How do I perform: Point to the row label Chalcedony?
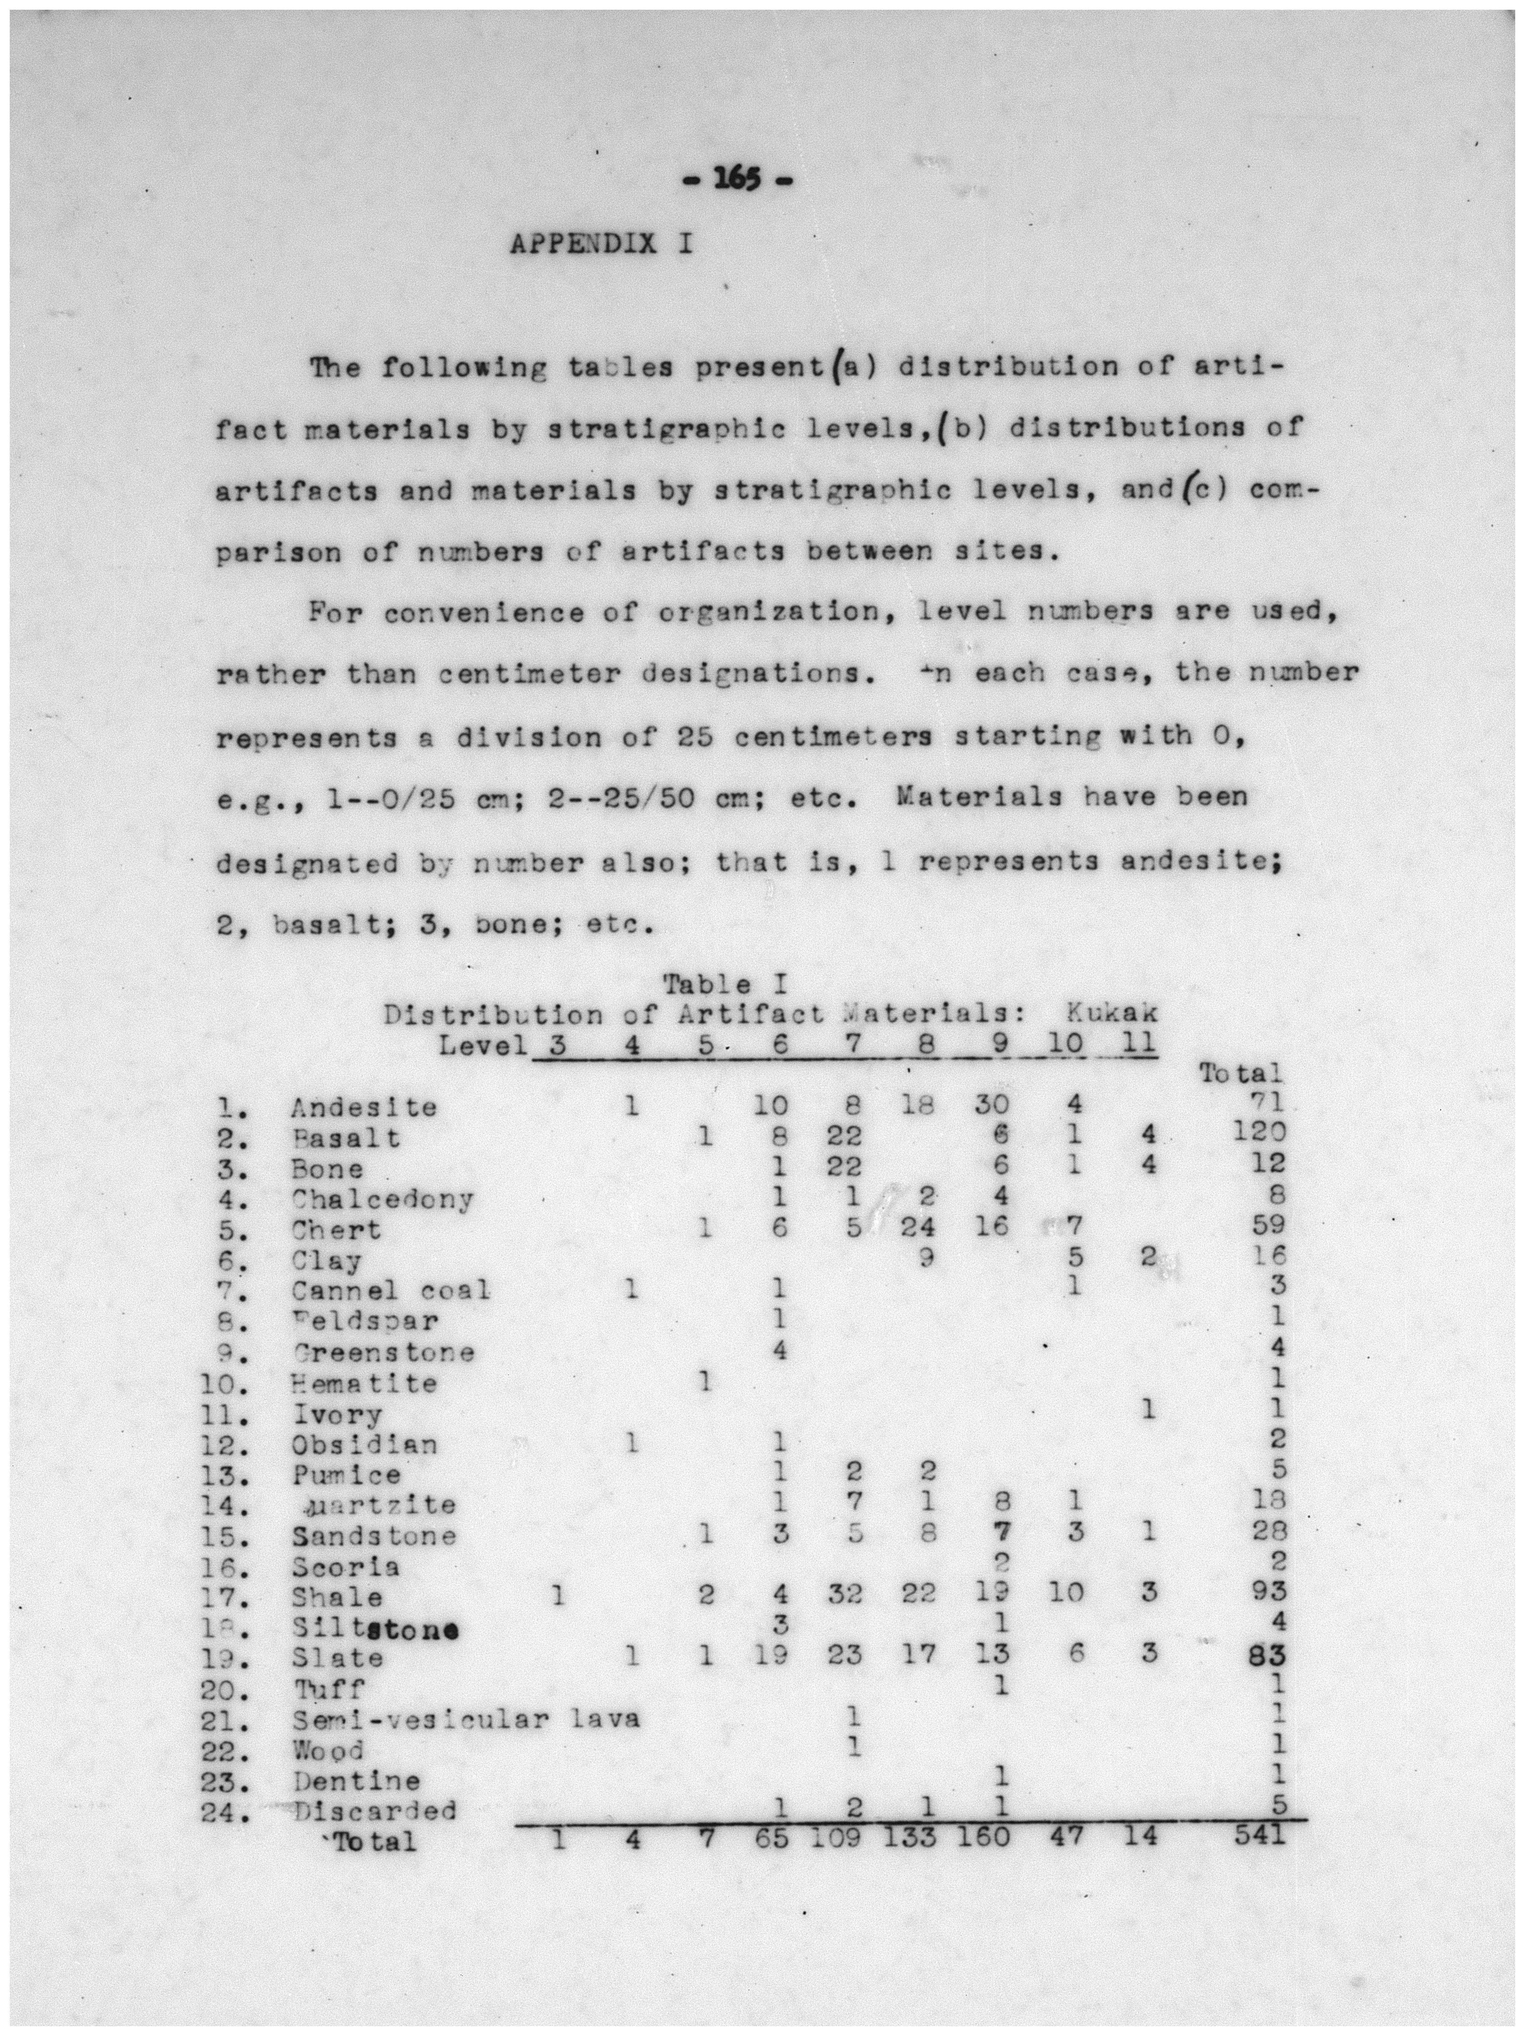point(382,1199)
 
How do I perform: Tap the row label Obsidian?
point(364,1444)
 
